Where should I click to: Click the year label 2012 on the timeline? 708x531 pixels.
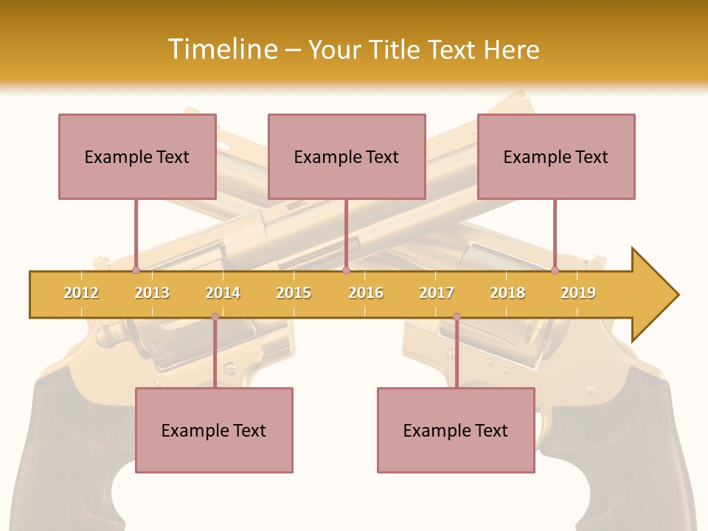coord(81,293)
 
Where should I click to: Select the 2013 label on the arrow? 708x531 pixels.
coord(152,293)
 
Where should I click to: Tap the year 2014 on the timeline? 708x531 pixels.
coord(223,293)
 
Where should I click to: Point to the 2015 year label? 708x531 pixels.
coord(294,293)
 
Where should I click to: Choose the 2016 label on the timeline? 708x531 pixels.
coord(366,293)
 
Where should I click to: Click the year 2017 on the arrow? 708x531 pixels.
coord(437,293)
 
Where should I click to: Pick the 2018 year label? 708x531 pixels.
coord(507,293)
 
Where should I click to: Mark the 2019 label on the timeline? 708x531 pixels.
coord(578,293)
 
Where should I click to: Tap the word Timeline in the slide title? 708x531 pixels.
coord(221,49)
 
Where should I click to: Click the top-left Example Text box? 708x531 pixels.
coord(137,156)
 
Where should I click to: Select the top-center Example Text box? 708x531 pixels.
coord(347,156)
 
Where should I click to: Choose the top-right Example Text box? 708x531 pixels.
coord(556,156)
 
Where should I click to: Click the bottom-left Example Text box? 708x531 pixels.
coord(214,430)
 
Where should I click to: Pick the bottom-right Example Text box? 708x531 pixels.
coord(456,430)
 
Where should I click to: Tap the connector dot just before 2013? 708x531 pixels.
coord(136,271)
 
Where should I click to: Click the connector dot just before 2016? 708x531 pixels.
coord(346,271)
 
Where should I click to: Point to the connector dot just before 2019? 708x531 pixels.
coord(555,271)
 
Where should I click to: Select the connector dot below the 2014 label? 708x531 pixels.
coord(215,317)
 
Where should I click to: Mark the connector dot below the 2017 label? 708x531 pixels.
coord(457,317)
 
